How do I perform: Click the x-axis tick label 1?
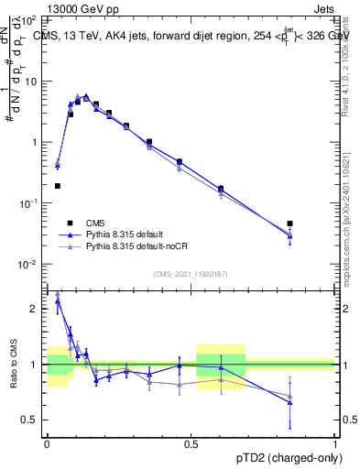coord(334,441)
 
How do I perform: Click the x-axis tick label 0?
coord(46,441)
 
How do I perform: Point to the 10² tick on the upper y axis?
coord(32,20)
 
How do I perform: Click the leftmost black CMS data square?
coord(57,186)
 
